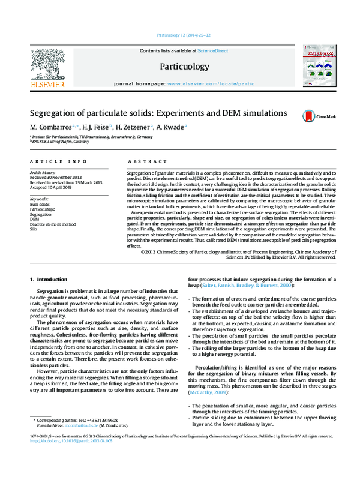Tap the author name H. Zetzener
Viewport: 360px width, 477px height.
[x=134, y=127]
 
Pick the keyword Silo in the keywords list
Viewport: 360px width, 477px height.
[x=34, y=229]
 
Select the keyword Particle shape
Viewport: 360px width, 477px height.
[x=43, y=209]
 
